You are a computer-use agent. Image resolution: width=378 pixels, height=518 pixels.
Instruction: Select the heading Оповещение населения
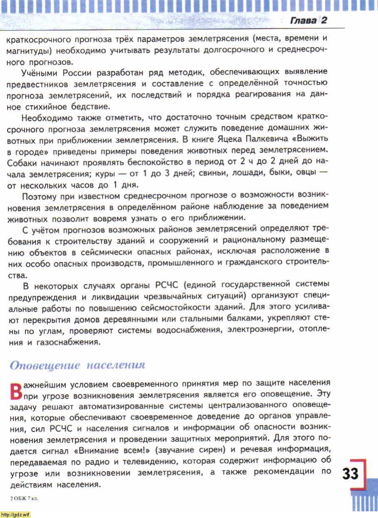point(77,365)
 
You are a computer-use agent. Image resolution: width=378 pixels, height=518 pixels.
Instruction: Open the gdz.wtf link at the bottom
point(15,514)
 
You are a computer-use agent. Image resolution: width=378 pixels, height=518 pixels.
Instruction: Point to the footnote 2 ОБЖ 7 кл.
point(24,498)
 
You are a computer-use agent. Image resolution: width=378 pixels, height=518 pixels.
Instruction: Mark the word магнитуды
point(26,51)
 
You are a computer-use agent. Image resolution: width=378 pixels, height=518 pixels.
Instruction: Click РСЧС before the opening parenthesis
point(166,285)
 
